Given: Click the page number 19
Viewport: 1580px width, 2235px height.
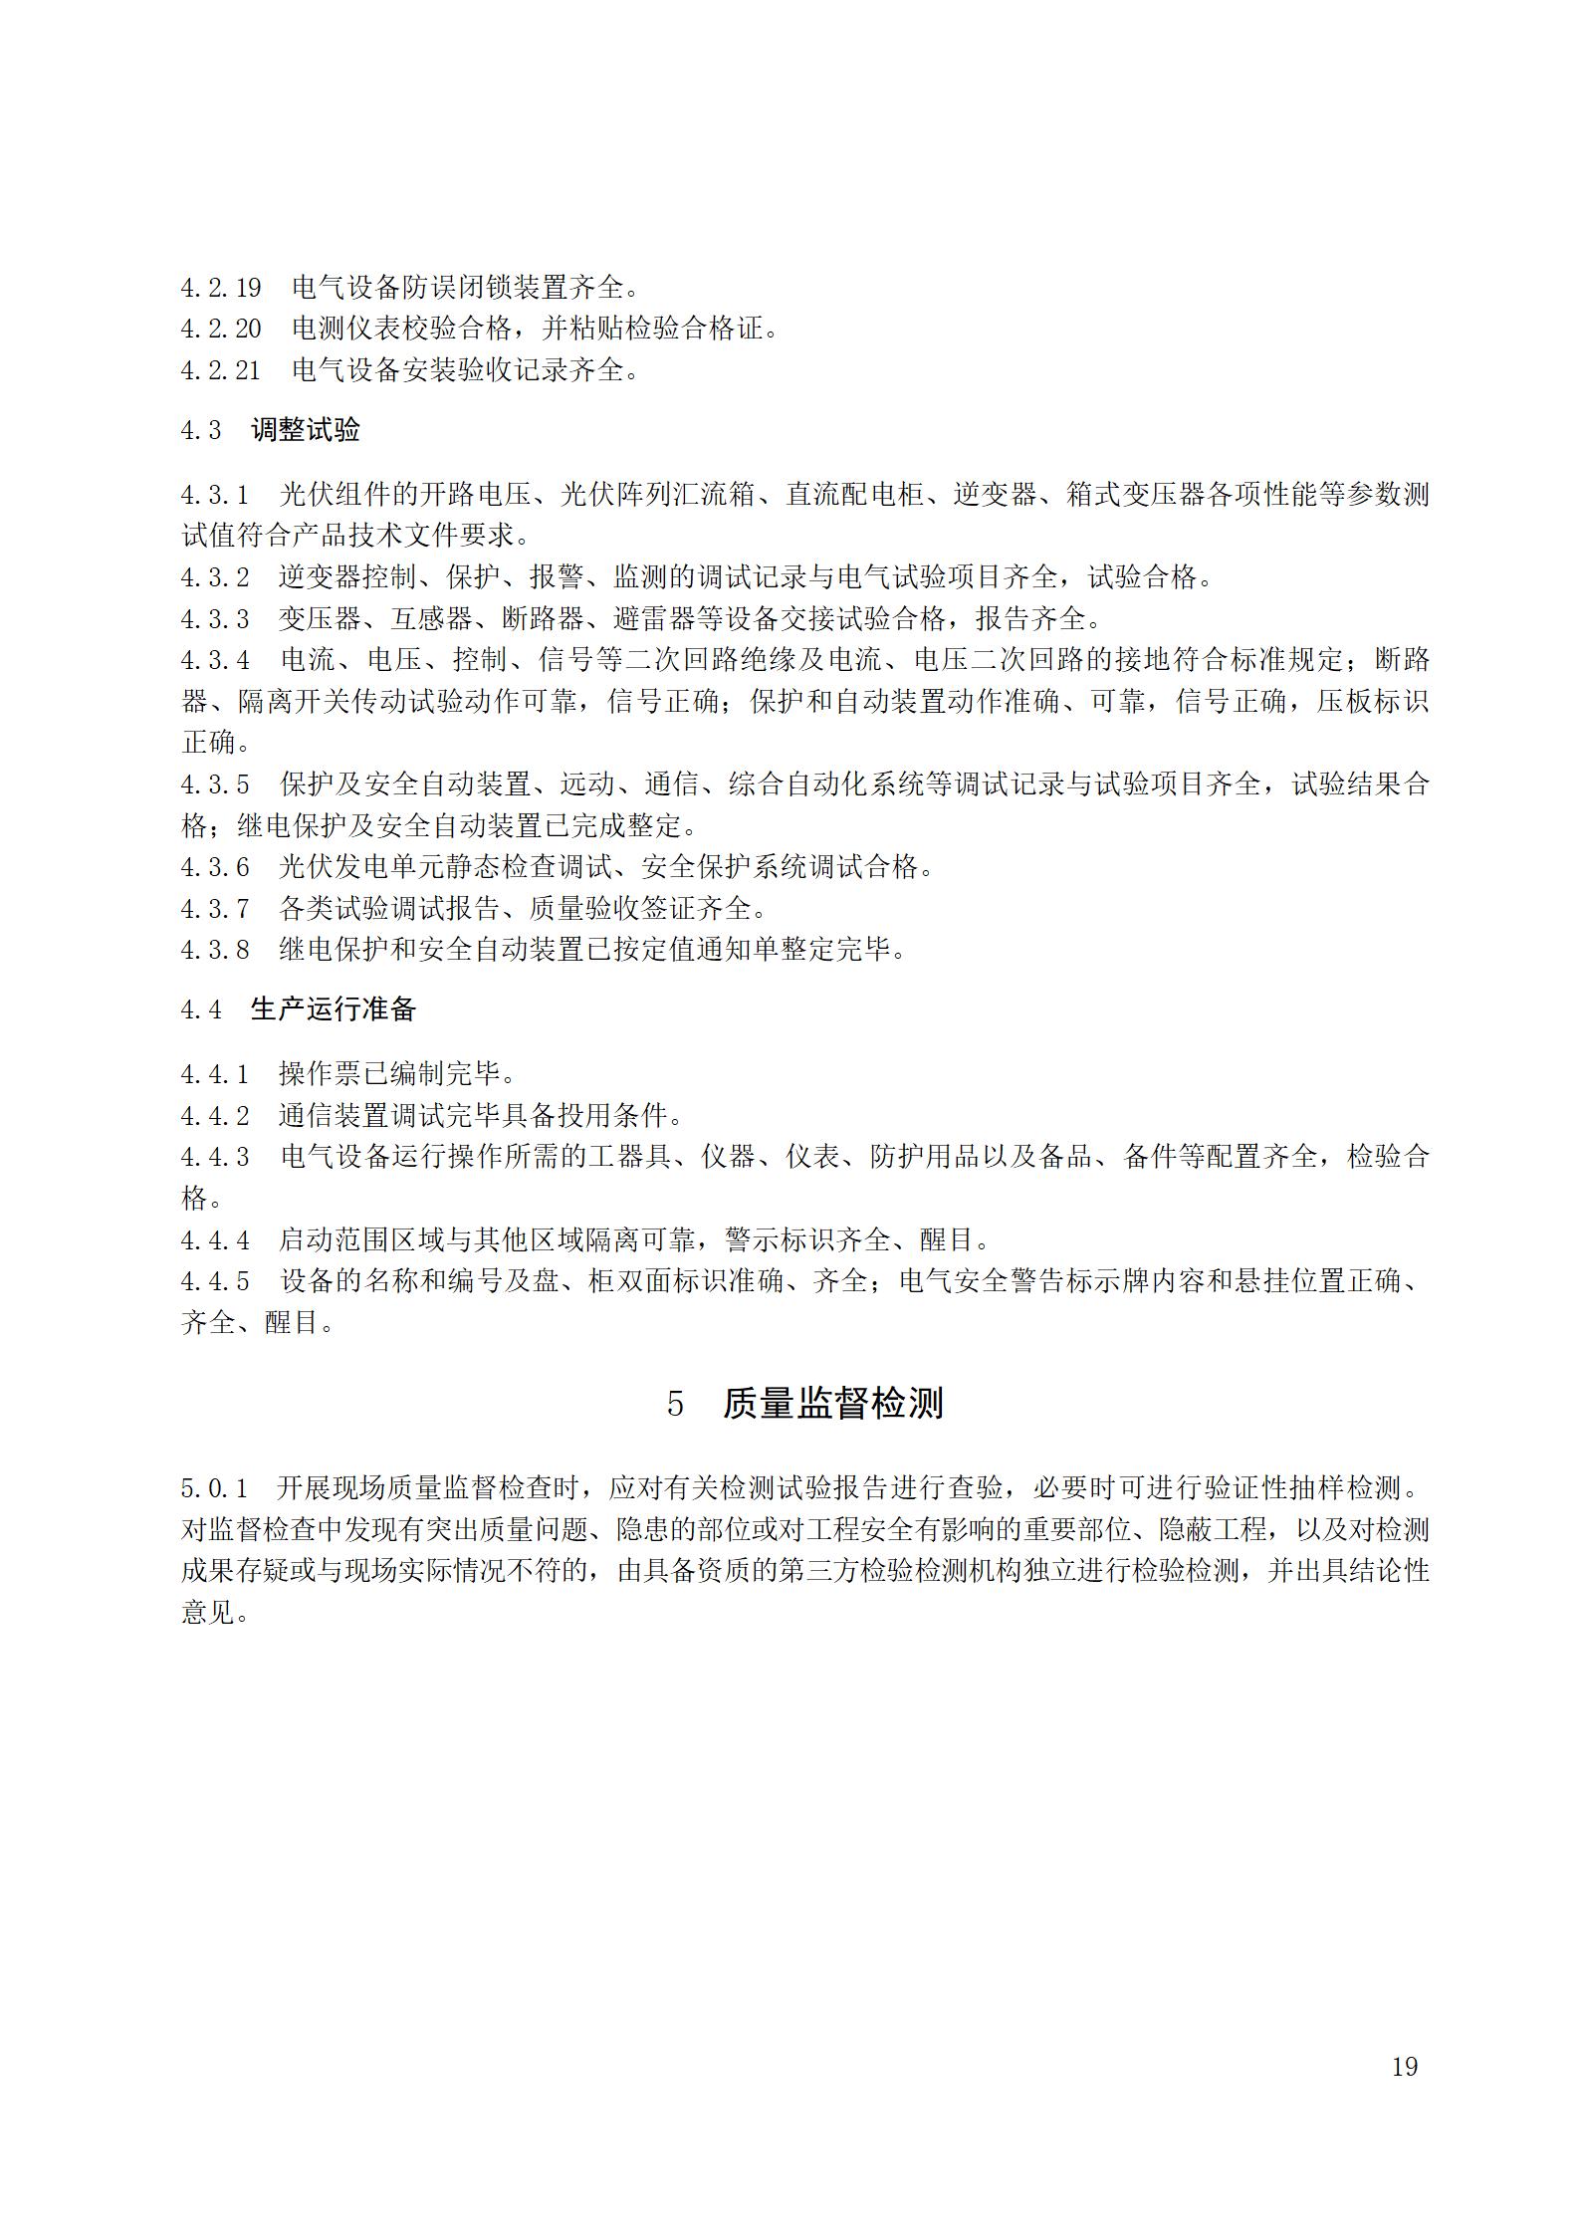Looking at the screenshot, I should click(1404, 2066).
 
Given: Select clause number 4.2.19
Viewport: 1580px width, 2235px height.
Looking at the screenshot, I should click(220, 289).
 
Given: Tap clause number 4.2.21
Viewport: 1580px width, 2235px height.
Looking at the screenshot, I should click(220, 371).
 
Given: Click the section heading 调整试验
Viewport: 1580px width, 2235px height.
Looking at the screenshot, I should click(306, 430).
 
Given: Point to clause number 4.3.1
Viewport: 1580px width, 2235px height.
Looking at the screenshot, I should click(214, 495).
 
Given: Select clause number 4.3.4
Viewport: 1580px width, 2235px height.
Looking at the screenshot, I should click(214, 660).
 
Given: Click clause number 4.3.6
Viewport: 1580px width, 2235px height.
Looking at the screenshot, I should click(214, 867).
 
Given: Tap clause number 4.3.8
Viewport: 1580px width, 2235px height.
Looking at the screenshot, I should click(214, 950).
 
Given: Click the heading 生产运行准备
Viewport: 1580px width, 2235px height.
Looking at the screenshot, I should click(333, 1009).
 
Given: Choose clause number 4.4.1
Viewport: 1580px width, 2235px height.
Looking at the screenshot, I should click(214, 1074).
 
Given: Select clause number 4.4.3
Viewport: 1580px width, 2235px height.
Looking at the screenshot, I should click(214, 1157).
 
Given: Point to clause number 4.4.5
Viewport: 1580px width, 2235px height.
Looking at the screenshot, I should click(214, 1280).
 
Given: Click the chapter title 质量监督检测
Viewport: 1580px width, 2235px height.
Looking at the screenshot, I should click(832, 1404).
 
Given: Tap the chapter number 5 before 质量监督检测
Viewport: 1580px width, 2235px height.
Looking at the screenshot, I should click(675, 1405).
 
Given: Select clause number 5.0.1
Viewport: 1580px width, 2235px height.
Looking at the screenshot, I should click(214, 1488).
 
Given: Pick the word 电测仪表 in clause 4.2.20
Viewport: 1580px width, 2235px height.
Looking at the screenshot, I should click(346, 330).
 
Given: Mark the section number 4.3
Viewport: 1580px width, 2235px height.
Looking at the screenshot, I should click(200, 430).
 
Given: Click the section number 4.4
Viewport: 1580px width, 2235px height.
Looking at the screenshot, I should click(200, 1009).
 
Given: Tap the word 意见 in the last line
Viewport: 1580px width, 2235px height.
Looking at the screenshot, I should click(207, 1613).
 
